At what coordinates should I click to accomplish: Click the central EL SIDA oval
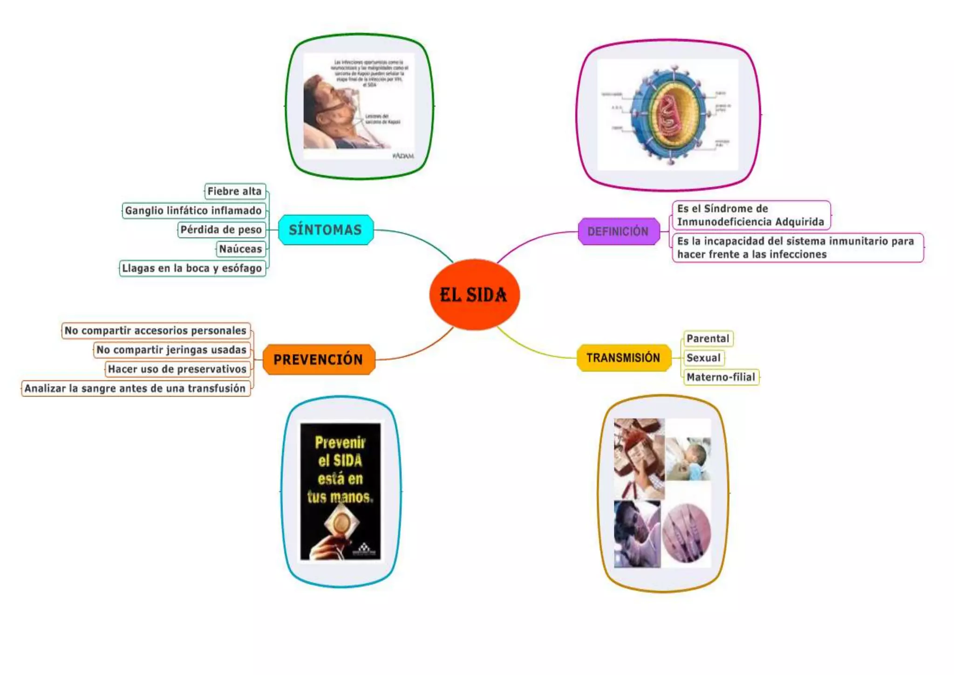tap(474, 295)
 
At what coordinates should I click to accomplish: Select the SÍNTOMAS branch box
tap(326, 230)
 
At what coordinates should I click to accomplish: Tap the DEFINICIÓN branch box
tap(618, 231)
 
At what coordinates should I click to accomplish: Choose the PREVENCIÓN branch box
tap(319, 359)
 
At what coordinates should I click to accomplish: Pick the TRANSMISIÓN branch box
tap(623, 358)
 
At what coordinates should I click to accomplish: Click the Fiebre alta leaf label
tap(235, 191)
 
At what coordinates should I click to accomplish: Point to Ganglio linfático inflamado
tap(193, 211)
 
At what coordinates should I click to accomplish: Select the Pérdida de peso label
tap(221, 230)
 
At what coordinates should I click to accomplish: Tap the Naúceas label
tap(240, 249)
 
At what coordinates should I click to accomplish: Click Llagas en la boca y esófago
tap(192, 269)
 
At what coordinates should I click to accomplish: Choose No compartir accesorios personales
tap(156, 331)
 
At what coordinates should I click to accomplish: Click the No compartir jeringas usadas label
tap(171, 350)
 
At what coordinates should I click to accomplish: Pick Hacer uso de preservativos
tap(177, 369)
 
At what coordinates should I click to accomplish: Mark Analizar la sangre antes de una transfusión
tap(135, 388)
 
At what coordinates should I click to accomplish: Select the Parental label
tap(708, 338)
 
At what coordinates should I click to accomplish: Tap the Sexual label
tap(703, 358)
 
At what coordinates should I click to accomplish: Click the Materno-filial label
tap(721, 377)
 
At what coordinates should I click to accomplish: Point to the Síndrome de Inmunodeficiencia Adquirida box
tap(750, 215)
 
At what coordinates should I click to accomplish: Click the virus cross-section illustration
tap(668, 115)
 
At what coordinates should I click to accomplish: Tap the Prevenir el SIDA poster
tap(341, 491)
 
